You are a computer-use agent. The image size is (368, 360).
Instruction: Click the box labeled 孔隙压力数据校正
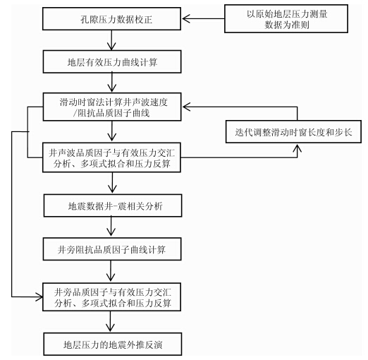click(x=111, y=19)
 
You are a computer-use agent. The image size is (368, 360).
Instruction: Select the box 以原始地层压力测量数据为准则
click(x=286, y=18)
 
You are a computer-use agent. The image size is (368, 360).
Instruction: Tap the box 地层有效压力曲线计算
click(x=112, y=61)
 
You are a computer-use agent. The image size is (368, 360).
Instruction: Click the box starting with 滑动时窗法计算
click(x=112, y=107)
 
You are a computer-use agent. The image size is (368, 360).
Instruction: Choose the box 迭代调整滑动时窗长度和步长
click(x=293, y=132)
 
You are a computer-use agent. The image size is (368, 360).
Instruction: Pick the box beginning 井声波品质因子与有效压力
click(x=111, y=157)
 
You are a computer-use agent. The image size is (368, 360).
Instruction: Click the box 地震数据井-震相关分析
click(x=113, y=205)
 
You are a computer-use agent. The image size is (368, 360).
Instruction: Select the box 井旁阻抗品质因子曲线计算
click(x=112, y=249)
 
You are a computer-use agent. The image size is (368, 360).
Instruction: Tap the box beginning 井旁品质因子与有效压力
click(x=111, y=297)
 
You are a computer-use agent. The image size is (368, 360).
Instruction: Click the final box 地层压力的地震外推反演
click(x=113, y=344)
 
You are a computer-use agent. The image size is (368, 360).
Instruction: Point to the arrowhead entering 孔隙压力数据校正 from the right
click(x=185, y=18)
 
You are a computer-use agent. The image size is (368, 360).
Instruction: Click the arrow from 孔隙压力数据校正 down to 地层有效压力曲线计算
click(x=111, y=40)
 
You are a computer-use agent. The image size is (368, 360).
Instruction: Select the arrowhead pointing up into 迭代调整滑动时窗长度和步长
click(x=298, y=148)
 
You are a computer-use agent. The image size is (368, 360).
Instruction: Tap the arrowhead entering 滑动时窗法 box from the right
click(x=186, y=107)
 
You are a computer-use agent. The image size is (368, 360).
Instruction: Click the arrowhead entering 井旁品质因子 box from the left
click(x=39, y=296)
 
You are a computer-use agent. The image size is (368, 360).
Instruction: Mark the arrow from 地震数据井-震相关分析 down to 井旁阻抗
click(x=111, y=227)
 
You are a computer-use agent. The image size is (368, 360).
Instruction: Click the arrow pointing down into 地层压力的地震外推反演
click(x=110, y=322)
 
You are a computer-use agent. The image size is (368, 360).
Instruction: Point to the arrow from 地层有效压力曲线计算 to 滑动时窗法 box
click(x=112, y=83)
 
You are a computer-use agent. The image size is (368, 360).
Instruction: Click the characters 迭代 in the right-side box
click(x=243, y=132)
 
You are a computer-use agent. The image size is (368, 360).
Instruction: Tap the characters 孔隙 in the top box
click(x=89, y=19)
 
